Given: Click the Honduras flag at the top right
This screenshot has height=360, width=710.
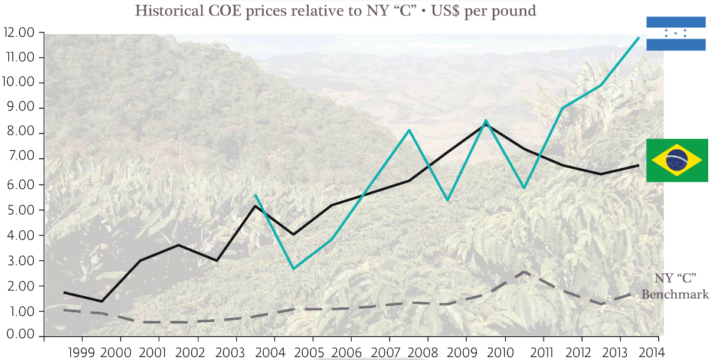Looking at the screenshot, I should coord(676,34).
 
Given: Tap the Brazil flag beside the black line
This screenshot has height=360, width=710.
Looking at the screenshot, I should coord(677,161).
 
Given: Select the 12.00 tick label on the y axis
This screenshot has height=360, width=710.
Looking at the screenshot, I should coord(19,32).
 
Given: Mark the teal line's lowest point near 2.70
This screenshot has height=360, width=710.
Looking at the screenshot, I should coord(293,269).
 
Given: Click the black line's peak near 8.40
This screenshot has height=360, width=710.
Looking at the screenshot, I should coord(486,124).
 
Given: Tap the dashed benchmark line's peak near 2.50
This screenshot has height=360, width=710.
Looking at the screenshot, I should coord(524,272).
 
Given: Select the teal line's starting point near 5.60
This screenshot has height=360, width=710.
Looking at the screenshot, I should coord(255,195).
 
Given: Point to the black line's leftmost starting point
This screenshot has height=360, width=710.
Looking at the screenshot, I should coord(64,292).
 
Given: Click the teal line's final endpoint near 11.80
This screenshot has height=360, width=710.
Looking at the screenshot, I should coord(639,38).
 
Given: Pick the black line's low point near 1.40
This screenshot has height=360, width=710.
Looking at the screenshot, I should coord(102,302).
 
